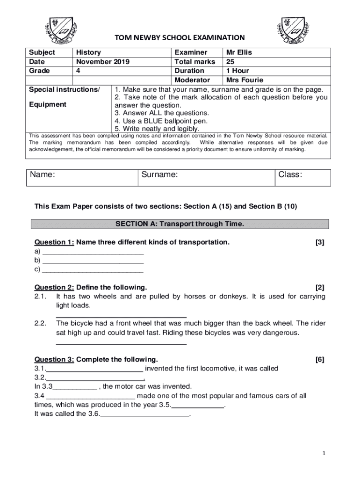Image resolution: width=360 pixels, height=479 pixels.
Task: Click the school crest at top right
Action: pyautogui.click(x=297, y=29)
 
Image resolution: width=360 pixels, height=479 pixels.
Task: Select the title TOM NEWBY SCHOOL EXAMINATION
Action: pyautogui.click(x=180, y=37)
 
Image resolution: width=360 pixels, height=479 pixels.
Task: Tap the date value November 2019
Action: pyautogui.click(x=102, y=61)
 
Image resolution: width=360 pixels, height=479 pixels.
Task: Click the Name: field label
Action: pyautogui.click(x=43, y=174)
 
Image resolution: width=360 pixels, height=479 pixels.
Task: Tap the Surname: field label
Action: pyautogui.click(x=159, y=174)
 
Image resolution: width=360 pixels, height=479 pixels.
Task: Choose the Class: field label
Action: pyautogui.click(x=290, y=174)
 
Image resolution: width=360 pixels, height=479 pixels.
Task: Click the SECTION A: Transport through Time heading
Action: pyautogui.click(x=180, y=224)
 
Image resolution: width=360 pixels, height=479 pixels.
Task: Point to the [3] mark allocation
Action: pyautogui.click(x=320, y=242)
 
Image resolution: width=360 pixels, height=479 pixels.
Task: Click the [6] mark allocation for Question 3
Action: pyautogui.click(x=320, y=359)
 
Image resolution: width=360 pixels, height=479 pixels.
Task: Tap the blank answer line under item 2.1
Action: pyautogui.click(x=121, y=317)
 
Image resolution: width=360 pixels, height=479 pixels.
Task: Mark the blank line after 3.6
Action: pyautogui.click(x=145, y=415)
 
